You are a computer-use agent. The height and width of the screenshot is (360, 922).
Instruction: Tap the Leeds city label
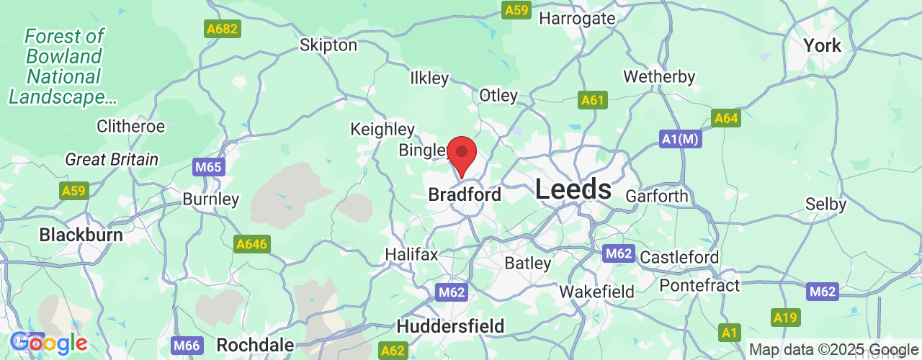(x=573, y=189)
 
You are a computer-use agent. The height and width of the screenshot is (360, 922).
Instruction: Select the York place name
(x=822, y=45)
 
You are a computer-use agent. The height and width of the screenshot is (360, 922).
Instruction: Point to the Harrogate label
(x=577, y=18)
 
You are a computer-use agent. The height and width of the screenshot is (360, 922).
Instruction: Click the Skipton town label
(x=328, y=45)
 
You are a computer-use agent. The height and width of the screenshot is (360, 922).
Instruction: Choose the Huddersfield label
(x=450, y=325)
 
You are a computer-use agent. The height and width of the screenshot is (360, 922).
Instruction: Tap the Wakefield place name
(x=596, y=292)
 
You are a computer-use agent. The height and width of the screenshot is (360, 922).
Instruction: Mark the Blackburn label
(x=81, y=235)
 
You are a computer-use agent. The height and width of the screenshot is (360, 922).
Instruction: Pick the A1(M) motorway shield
(x=680, y=139)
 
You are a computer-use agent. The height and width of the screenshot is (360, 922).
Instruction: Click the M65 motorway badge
(x=210, y=168)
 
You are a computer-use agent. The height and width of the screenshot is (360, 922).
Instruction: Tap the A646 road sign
(x=252, y=245)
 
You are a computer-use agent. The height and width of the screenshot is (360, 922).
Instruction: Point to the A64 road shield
(x=725, y=118)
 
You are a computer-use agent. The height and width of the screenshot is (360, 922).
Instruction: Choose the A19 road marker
(x=785, y=317)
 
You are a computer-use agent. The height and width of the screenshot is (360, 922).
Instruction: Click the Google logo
(x=49, y=343)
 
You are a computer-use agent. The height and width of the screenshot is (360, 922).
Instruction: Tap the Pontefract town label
(x=699, y=286)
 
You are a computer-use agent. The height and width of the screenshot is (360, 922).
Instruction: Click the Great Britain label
(x=112, y=159)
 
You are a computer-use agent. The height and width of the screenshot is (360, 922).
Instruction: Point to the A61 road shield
(x=593, y=100)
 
